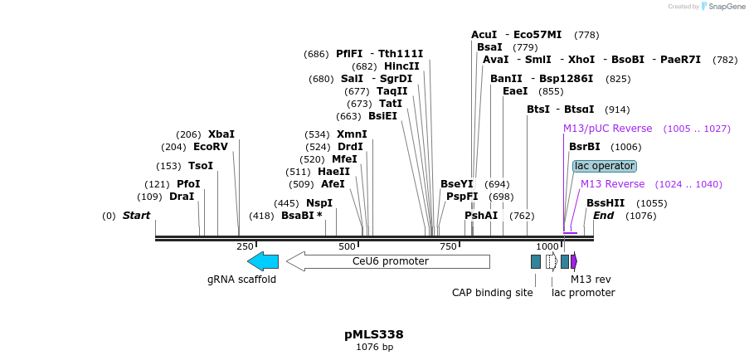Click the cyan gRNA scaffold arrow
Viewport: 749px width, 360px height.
click(x=263, y=261)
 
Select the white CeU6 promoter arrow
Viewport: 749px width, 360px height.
click(x=388, y=261)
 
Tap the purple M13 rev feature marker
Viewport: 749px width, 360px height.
click(x=574, y=261)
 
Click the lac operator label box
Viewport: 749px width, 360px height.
click(x=605, y=166)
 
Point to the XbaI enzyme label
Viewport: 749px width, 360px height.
click(x=221, y=134)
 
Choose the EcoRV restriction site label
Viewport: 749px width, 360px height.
click(x=211, y=147)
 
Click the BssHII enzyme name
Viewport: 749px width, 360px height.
click(x=606, y=203)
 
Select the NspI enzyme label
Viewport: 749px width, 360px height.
click(x=319, y=203)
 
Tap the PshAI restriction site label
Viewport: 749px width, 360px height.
click(x=481, y=216)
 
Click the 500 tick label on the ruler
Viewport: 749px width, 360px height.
click(x=347, y=246)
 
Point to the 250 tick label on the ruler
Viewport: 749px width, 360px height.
click(x=245, y=246)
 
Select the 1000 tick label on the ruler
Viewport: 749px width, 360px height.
click(x=547, y=246)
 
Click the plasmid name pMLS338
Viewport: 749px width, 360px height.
click(x=374, y=334)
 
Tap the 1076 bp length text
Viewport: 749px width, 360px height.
click(x=374, y=348)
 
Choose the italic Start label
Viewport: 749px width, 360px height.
click(x=137, y=216)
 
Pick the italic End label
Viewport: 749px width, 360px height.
click(x=604, y=216)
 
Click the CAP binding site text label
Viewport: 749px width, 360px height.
click(x=493, y=293)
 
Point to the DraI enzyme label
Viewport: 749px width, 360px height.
click(x=182, y=197)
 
